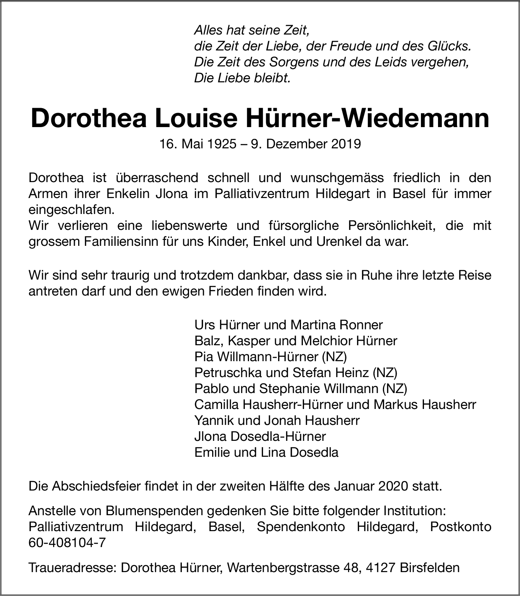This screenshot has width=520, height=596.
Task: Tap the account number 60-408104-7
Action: click(67, 543)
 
